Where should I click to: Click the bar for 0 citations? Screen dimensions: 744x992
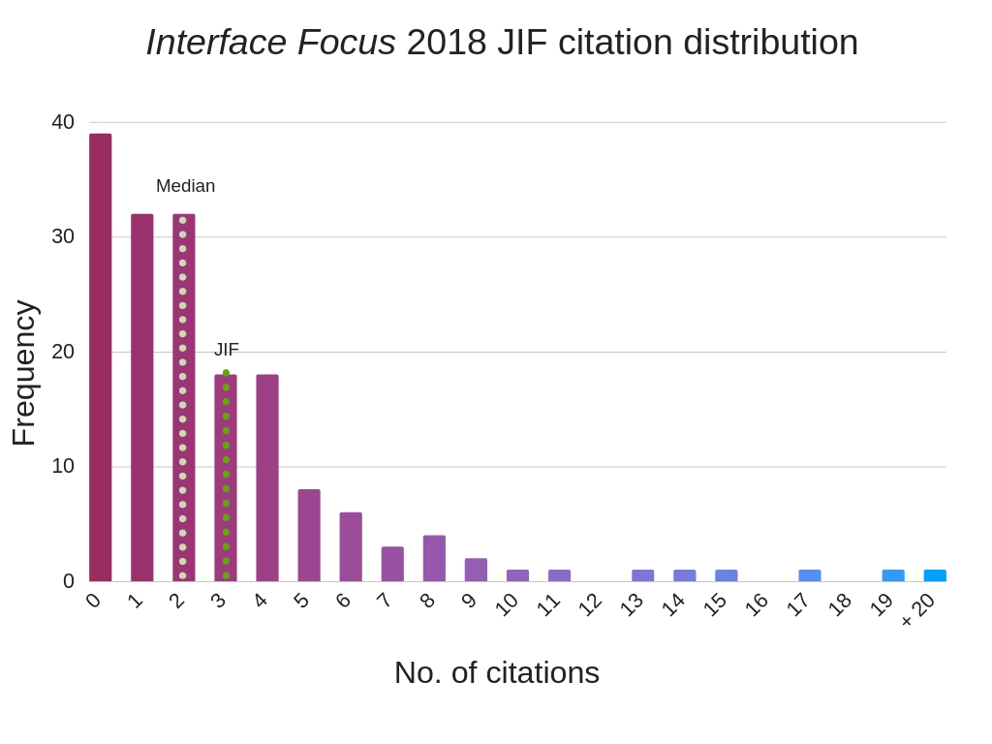click(101, 358)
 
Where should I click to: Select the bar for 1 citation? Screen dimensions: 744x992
click(142, 398)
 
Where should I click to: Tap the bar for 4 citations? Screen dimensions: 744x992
click(267, 479)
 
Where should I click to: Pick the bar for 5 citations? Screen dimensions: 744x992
click(309, 536)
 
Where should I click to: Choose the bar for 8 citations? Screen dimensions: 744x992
click(434, 559)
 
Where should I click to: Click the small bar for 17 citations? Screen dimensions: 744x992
click(810, 575)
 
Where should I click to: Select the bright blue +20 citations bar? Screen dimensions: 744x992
click(935, 575)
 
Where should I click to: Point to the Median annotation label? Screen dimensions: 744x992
click(185, 186)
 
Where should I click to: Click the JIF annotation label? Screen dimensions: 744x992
click(226, 350)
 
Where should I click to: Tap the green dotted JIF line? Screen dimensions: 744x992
click(227, 475)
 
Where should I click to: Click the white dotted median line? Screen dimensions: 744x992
click(182, 397)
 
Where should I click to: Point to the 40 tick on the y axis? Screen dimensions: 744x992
click(63, 122)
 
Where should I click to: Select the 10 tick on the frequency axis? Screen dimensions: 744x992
click(63, 466)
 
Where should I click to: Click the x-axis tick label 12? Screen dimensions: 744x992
click(590, 604)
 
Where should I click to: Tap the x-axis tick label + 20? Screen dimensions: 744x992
click(918, 609)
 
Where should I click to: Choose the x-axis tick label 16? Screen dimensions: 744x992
click(757, 604)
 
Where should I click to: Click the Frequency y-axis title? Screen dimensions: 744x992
click(23, 373)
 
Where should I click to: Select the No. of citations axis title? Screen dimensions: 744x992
click(496, 672)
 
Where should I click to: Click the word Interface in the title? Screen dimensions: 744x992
click(216, 42)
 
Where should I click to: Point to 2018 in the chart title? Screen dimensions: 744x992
click(446, 42)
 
